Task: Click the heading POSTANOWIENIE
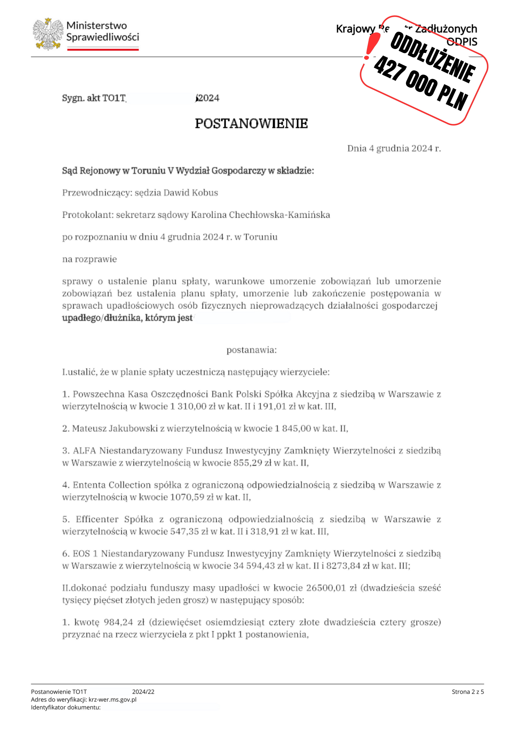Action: click(x=251, y=124)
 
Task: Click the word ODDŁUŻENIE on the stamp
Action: click(x=433, y=57)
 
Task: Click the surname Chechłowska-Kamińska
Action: click(x=279, y=215)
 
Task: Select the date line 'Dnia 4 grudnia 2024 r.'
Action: click(x=394, y=148)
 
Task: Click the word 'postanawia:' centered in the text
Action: click(x=251, y=350)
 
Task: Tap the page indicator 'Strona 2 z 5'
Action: click(x=468, y=692)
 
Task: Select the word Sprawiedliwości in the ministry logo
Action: click(x=102, y=37)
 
